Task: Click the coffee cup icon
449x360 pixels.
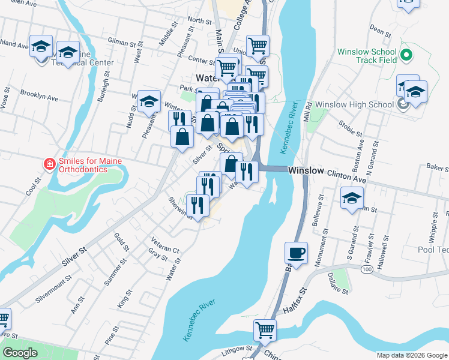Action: pyautogui.click(x=297, y=253)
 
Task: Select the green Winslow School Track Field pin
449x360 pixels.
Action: pyautogui.click(x=406, y=56)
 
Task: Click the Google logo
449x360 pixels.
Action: pyautogui.click(x=20, y=353)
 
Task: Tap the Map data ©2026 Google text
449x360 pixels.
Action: pyautogui.click(x=411, y=355)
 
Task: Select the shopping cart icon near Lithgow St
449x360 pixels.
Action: pyautogui.click(x=265, y=329)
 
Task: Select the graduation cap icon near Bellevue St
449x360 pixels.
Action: pyautogui.click(x=352, y=199)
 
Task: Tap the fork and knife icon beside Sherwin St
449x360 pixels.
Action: pyautogui.click(x=196, y=205)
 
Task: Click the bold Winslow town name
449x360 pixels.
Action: pyautogui.click(x=306, y=171)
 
